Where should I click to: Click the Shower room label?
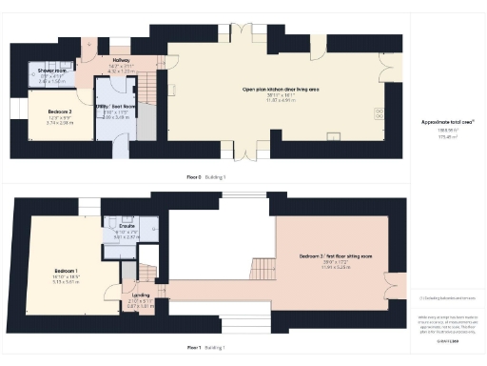click(x=51, y=71)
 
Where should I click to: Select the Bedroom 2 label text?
click(x=60, y=112)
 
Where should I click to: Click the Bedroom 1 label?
click(x=67, y=275)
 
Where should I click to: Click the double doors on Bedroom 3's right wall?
click(x=390, y=285)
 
